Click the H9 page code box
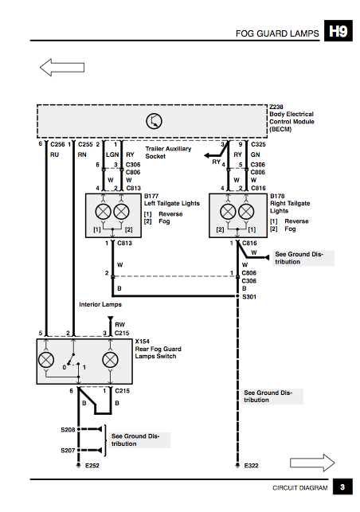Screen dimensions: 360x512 point(338,31)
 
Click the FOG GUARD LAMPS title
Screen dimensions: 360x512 point(277,33)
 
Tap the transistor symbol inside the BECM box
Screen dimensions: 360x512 point(154,121)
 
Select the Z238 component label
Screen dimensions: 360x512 point(276,107)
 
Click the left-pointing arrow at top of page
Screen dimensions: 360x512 point(62,67)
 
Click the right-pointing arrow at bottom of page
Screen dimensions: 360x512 point(312,463)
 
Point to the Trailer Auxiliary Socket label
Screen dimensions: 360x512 point(168,153)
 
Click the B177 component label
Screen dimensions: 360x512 point(151,196)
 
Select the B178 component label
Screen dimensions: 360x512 point(277,196)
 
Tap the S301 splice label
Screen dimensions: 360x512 point(249,297)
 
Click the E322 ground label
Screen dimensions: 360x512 point(251,466)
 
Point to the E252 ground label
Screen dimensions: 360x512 point(92,466)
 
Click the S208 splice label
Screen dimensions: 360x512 point(68,430)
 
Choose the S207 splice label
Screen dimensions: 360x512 point(68,451)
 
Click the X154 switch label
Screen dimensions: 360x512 point(143,342)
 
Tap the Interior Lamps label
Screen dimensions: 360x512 point(100,304)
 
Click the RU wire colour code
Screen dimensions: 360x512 point(54,154)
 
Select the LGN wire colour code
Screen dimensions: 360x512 point(112,154)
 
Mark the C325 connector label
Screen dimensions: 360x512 point(258,144)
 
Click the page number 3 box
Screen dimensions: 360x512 point(342,487)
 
